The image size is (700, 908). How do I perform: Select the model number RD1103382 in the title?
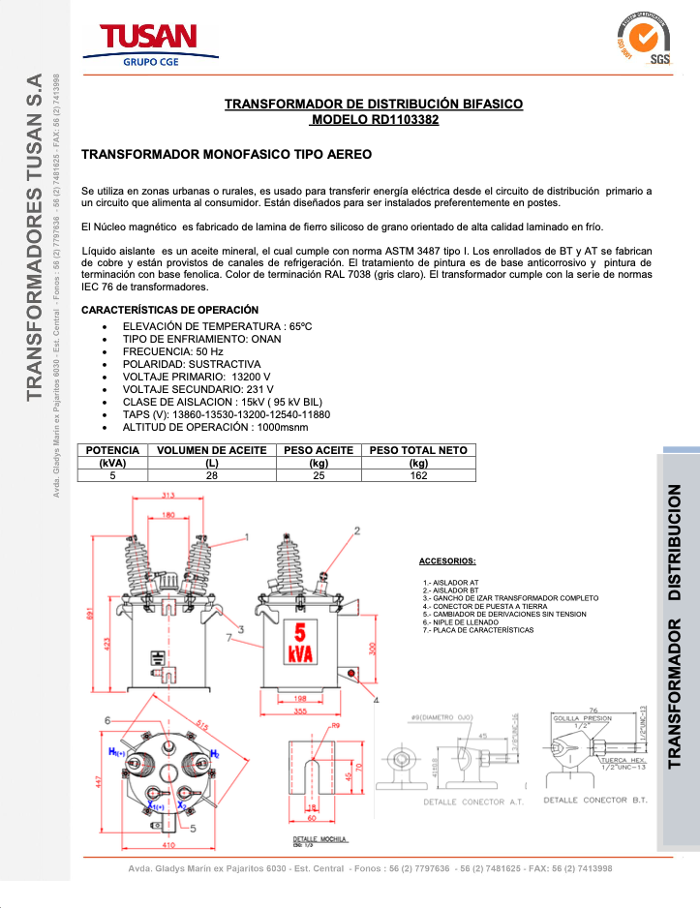coord(375,121)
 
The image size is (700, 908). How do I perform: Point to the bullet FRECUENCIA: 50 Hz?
coord(173,351)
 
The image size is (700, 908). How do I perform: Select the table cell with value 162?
coord(418,475)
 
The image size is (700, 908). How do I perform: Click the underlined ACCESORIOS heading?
coord(446,561)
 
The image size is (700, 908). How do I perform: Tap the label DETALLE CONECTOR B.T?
coord(590,801)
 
